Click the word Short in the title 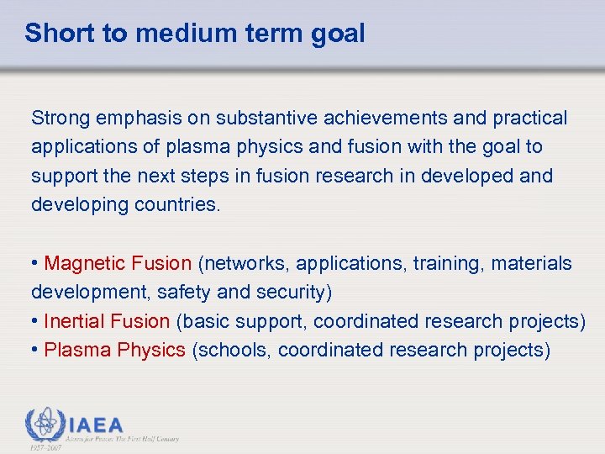[x=53, y=34]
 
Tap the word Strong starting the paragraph [x=59, y=118]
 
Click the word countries [x=177, y=205]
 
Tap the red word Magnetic [x=85, y=263]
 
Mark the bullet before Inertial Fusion [x=35, y=321]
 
